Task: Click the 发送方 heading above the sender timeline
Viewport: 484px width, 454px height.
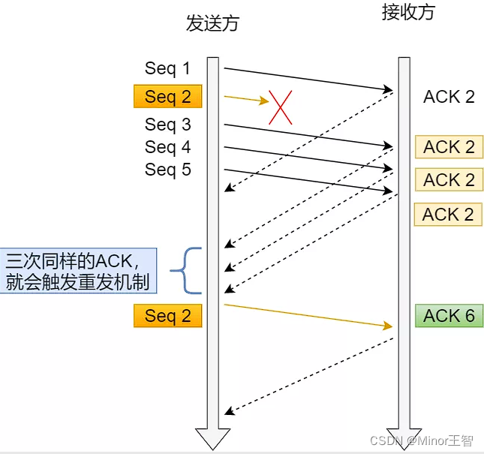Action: coord(212,23)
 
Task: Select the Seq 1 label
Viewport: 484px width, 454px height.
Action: coord(168,69)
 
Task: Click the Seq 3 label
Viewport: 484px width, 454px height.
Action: coord(168,125)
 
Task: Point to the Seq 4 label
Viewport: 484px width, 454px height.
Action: coord(168,147)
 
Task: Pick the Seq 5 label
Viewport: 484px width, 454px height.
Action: coord(168,170)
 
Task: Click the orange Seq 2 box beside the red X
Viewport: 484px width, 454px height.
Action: coord(168,97)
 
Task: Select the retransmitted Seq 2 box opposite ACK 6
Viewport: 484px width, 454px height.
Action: coord(168,316)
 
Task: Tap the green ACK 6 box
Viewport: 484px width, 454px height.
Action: coord(449,316)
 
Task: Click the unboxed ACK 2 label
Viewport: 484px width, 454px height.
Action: coord(449,97)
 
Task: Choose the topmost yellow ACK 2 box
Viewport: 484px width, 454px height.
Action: coord(449,147)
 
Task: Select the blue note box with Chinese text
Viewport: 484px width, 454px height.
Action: coord(78,270)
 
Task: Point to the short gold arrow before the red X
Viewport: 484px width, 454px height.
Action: coord(246,98)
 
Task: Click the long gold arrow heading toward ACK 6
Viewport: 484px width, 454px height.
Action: coord(308,315)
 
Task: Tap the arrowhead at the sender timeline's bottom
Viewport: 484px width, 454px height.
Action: coord(212,438)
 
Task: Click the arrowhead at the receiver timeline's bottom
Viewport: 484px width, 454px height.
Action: coord(404,438)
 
